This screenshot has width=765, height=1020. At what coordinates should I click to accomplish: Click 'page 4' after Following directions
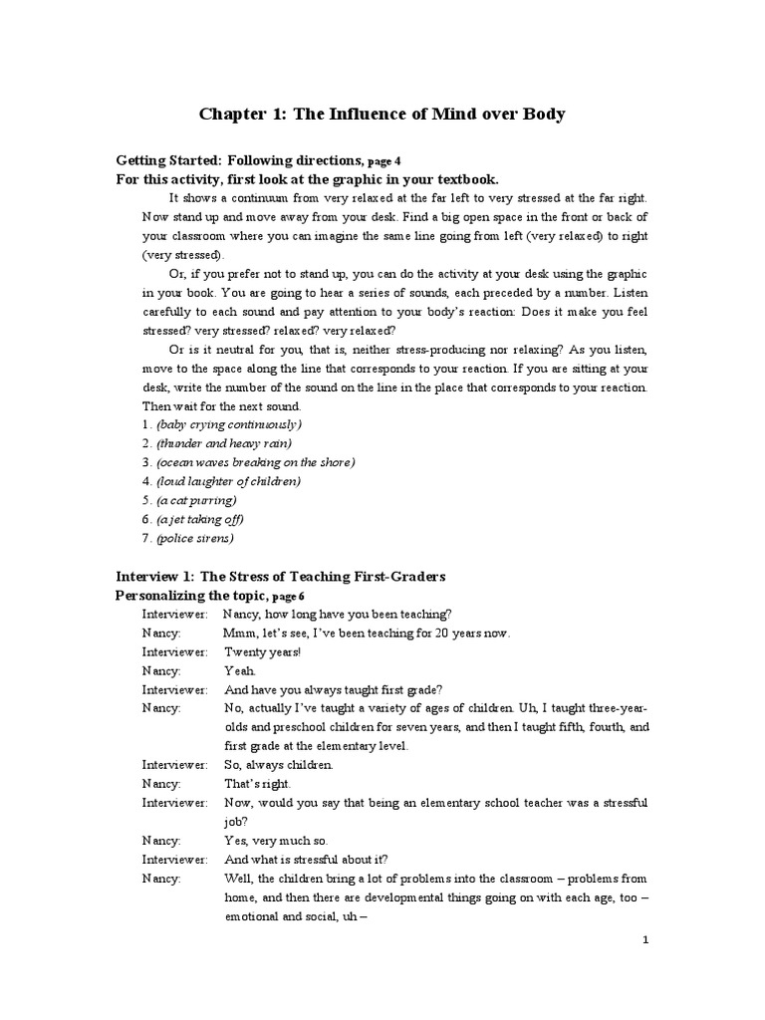[x=384, y=160]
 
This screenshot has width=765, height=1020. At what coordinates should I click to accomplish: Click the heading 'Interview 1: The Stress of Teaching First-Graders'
[x=281, y=577]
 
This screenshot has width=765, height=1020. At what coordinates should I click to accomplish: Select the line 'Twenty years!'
[x=262, y=651]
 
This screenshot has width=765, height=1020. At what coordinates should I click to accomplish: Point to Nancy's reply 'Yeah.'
[x=240, y=670]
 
